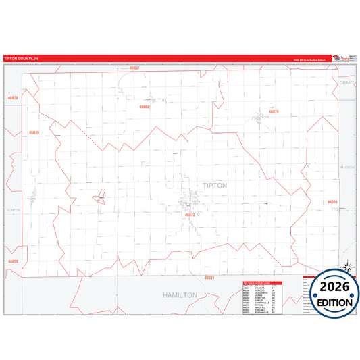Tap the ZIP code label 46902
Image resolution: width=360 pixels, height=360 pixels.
pyautogui.click(x=134, y=68)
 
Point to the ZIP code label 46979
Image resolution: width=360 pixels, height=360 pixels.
pyautogui.click(x=12, y=99)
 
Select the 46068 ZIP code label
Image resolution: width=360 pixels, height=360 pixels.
pyautogui.click(x=145, y=107)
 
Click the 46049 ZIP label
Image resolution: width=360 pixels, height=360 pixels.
pyautogui.click(x=34, y=132)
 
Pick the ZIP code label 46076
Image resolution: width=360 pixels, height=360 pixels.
pyautogui.click(x=274, y=112)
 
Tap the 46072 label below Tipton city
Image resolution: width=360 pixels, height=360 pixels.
pyautogui.click(x=190, y=215)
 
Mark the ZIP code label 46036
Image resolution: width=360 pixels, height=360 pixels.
pyautogui.click(x=332, y=202)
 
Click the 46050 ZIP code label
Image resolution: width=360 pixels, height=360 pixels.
pyautogui.click(x=12, y=261)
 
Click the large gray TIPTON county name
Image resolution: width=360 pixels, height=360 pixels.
pyautogui.click(x=215, y=186)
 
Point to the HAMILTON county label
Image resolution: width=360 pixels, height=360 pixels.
pyautogui.click(x=180, y=295)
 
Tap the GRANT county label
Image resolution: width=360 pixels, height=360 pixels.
pyautogui.click(x=346, y=82)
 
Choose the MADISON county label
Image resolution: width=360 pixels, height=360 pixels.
pyautogui.click(x=347, y=166)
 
